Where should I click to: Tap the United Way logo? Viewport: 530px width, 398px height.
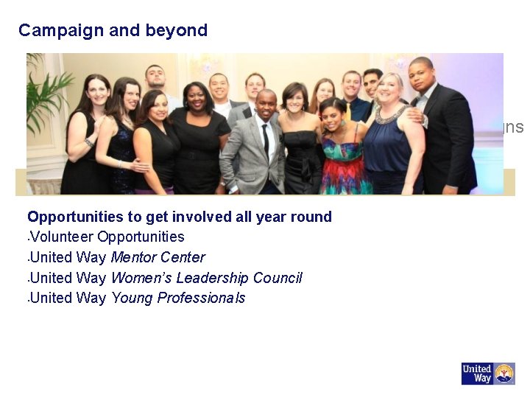pyautogui.click(x=487, y=374)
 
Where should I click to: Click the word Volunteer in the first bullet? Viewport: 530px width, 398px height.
pyautogui.click(x=63, y=237)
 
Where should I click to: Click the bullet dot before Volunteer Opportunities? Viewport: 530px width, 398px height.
pyautogui.click(x=29, y=238)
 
